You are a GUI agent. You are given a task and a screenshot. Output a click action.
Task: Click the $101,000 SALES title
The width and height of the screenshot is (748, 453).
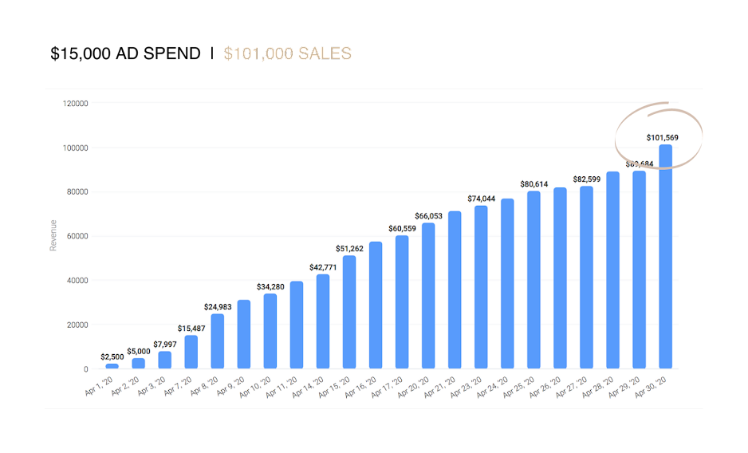[288, 54]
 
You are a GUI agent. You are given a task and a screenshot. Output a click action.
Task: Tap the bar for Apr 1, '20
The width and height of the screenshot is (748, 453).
[112, 366]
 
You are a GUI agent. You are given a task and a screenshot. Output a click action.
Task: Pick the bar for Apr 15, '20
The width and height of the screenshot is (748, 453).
[349, 312]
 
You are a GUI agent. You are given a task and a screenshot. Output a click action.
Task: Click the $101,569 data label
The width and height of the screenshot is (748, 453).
[662, 138]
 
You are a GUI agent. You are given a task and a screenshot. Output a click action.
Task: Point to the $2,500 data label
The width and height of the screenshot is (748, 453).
[112, 356]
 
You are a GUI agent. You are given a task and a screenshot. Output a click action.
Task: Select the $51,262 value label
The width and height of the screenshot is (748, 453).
[348, 249]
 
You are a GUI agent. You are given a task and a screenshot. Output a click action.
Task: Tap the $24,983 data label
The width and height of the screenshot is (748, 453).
[217, 307]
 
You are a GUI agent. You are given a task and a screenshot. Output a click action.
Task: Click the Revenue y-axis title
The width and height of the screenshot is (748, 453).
[53, 235]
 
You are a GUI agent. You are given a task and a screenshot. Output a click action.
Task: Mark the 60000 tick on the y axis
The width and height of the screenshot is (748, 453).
[77, 237]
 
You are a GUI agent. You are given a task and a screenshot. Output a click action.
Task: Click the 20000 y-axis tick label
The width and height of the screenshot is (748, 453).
[77, 325]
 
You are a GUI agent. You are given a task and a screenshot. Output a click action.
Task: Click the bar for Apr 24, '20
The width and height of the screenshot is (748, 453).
[507, 283]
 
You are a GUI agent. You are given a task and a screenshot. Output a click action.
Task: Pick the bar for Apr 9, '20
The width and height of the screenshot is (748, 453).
[244, 334]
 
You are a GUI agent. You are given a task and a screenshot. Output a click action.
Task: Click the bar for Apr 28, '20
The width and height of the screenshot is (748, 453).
[612, 270]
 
